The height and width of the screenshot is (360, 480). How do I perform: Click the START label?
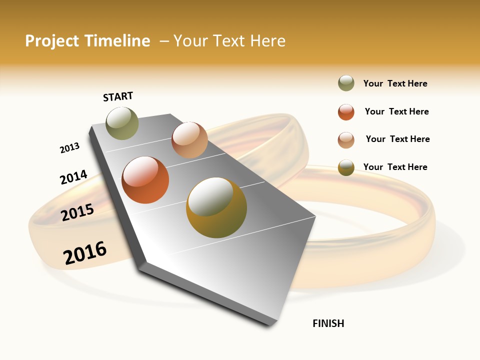[118, 96]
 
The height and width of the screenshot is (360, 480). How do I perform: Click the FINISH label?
[328, 323]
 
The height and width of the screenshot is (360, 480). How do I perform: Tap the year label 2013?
[69, 148]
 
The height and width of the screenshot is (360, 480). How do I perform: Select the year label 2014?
[73, 177]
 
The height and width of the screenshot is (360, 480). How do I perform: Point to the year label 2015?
[77, 212]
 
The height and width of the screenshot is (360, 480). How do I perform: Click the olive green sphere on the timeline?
[122, 123]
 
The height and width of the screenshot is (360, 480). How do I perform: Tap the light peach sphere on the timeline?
[189, 140]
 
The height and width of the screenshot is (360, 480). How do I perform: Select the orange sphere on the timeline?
[145, 180]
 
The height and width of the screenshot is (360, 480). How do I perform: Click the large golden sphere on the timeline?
[216, 207]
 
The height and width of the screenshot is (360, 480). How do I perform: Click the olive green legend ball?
[346, 83]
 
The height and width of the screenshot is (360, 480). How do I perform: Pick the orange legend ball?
[346, 112]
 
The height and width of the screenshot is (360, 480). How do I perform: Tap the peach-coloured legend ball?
[346, 140]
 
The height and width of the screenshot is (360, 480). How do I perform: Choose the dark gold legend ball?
[346, 168]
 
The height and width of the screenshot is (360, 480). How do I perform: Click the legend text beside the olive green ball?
[395, 83]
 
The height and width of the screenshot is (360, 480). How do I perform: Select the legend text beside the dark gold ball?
[395, 167]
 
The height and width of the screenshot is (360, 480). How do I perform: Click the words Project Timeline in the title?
[87, 41]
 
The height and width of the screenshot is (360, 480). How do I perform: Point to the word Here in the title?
[267, 41]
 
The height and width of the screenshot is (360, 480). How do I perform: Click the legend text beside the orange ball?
[396, 111]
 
